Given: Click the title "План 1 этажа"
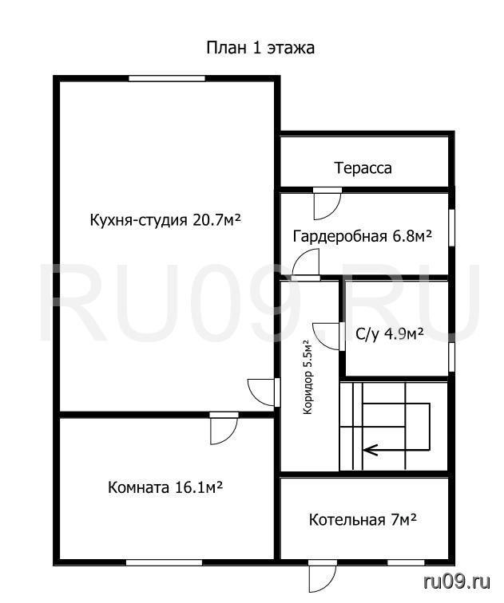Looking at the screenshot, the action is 260,48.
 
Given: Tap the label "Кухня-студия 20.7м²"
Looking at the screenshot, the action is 165,220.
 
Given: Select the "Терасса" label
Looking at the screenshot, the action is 363,168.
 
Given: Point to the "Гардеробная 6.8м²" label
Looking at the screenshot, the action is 363,236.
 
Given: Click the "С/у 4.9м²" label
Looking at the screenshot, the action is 390,333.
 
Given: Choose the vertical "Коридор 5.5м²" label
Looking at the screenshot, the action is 308,376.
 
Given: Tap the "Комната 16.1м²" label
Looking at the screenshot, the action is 165,487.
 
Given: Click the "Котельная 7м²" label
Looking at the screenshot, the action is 363,520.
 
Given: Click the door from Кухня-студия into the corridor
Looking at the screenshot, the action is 264,392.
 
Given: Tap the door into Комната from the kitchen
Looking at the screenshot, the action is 224,428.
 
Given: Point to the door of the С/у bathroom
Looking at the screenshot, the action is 329,337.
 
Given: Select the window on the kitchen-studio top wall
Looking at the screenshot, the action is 167,78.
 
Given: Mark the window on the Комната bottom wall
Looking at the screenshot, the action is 164,562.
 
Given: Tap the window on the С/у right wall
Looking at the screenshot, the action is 452,357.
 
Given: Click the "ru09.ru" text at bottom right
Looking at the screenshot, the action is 457,581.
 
